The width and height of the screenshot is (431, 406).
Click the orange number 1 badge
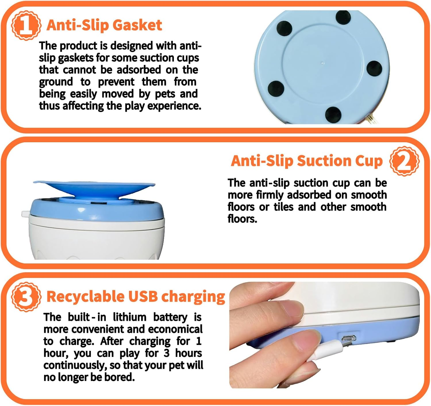pyautogui.click(x=26, y=25)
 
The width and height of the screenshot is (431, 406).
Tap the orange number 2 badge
pyautogui.click(x=404, y=161)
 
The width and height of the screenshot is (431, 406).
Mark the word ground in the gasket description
pyautogui.click(x=56, y=82)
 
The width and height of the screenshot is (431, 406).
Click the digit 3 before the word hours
pyautogui.click(x=167, y=353)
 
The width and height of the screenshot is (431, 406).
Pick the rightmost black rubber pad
pyautogui.click(x=374, y=69)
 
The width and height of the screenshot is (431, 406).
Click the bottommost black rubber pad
pyautogui.click(x=333, y=114)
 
